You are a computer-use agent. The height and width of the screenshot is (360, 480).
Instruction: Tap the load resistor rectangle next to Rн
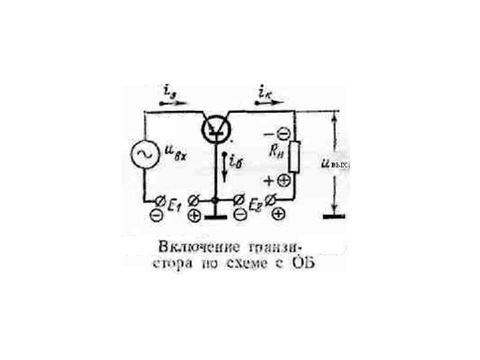pyautogui.click(x=294, y=155)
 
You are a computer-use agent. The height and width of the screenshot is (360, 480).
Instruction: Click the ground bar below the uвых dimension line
pyautogui.click(x=334, y=216)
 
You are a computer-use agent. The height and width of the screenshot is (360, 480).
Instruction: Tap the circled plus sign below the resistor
pyautogui.click(x=283, y=180)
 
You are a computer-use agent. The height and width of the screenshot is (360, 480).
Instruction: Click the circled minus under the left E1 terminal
pyautogui.click(x=156, y=215)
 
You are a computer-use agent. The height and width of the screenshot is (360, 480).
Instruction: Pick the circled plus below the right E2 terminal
pyautogui.click(x=278, y=214)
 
